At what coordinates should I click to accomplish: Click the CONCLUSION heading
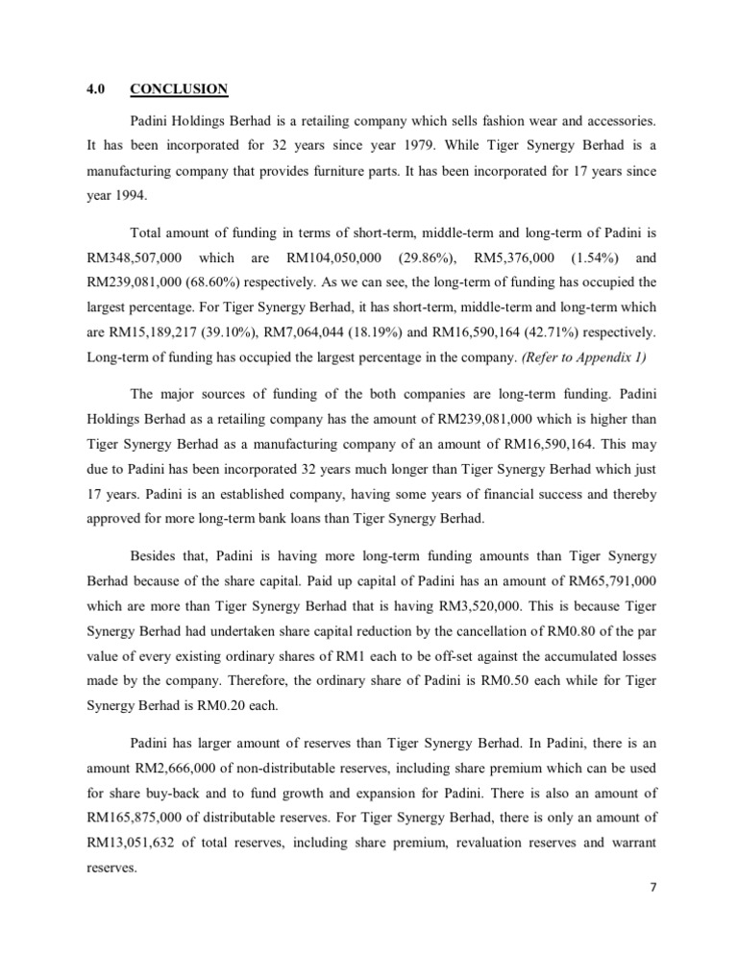179,89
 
